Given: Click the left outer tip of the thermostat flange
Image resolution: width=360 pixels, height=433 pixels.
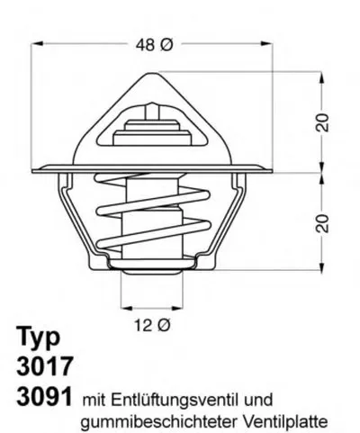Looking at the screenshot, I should click(35, 169).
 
